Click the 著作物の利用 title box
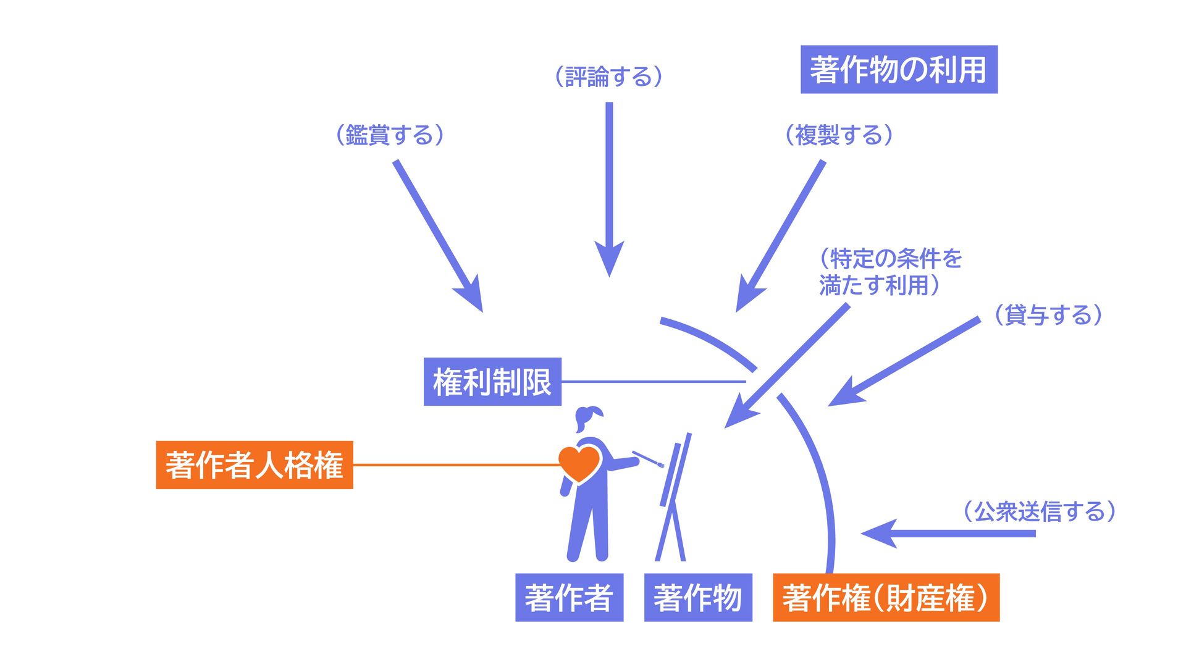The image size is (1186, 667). [x=899, y=70]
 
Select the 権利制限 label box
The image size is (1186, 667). [x=492, y=382]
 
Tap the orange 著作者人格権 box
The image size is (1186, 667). [x=254, y=465]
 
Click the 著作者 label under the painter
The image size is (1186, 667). [x=569, y=597]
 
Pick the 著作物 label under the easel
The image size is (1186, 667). [x=698, y=597]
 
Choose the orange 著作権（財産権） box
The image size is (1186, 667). [x=886, y=597]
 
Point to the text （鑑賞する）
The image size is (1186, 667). [x=390, y=135]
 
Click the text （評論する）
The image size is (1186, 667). [x=609, y=77]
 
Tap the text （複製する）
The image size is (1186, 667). [x=839, y=135]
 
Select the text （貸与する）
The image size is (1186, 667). [x=1048, y=315]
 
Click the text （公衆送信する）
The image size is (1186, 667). [x=1040, y=511]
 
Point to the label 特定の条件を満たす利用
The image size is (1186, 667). [x=889, y=272]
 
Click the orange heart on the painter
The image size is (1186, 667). [x=579, y=463]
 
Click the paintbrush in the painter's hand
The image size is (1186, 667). [x=648, y=459]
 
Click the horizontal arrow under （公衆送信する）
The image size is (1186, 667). [x=951, y=533]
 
